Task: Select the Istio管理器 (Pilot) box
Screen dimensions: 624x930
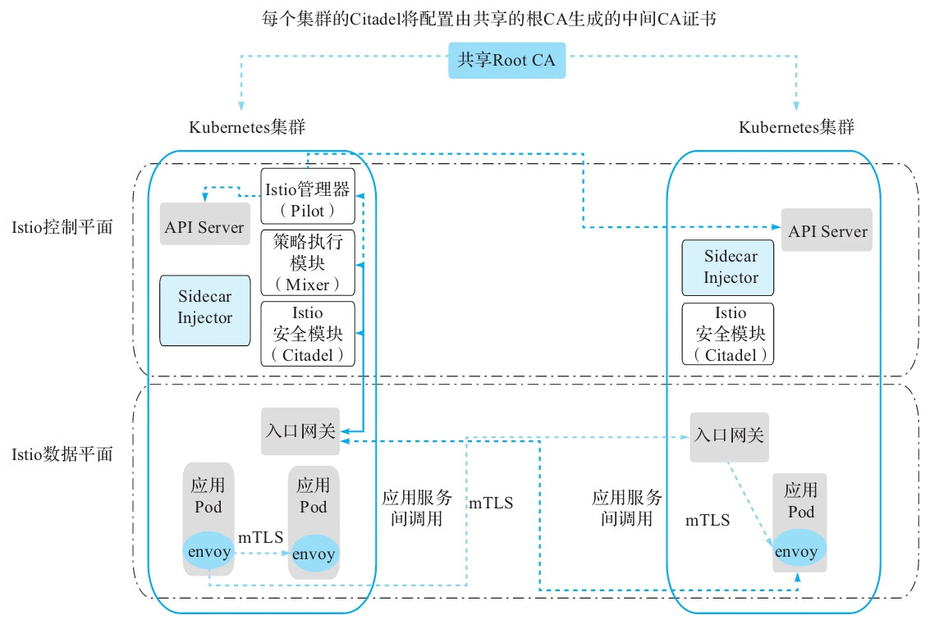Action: click(308, 197)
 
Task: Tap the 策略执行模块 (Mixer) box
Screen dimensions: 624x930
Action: click(308, 263)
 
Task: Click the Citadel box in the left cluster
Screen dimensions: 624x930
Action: click(308, 334)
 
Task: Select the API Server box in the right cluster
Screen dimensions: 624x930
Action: click(827, 230)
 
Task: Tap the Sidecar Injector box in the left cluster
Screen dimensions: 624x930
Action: click(204, 308)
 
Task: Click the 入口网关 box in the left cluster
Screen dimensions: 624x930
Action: click(300, 431)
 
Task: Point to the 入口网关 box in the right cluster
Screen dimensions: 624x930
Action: click(729, 436)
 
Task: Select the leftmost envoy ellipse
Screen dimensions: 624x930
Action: click(208, 552)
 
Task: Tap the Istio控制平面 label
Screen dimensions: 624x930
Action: click(62, 227)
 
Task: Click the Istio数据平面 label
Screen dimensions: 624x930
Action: click(62, 453)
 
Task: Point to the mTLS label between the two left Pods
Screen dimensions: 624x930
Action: click(261, 538)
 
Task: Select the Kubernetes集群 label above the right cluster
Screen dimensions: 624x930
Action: click(796, 128)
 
